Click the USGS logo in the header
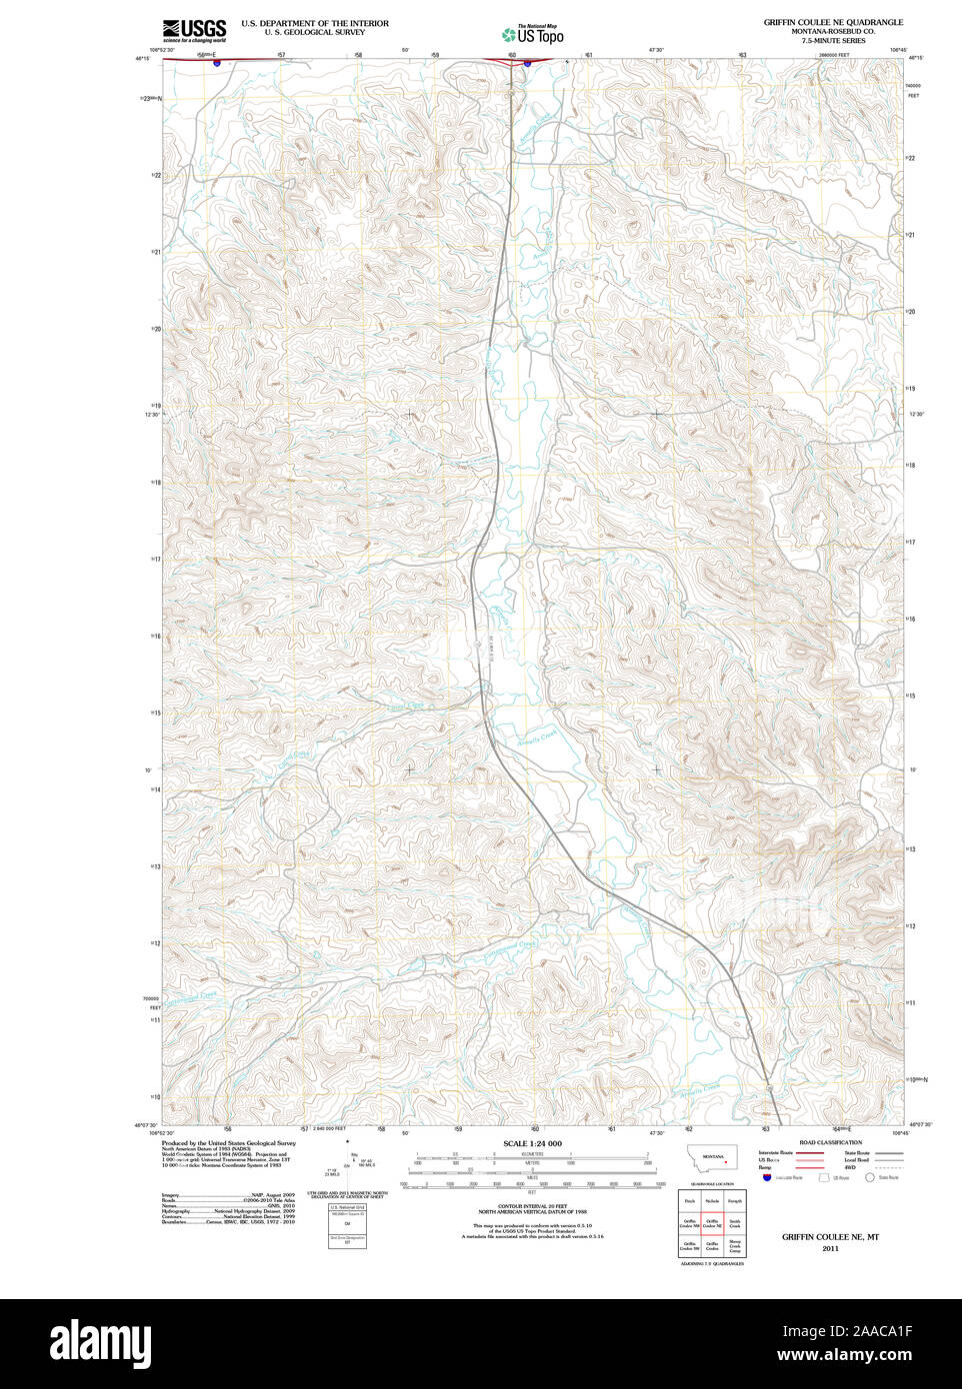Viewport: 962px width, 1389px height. [x=194, y=30]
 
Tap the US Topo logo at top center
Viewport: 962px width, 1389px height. [x=533, y=34]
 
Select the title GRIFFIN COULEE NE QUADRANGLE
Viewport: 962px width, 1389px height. [x=833, y=22]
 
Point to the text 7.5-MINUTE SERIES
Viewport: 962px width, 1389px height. [x=832, y=40]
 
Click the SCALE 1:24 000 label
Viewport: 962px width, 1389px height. [x=532, y=1143]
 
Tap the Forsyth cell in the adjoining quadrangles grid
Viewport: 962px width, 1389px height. [x=735, y=1200]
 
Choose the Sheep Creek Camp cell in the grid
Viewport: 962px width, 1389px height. [x=735, y=1246]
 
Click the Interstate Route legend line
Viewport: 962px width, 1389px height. [x=810, y=1152]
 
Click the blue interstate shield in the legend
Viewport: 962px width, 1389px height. [x=767, y=1178]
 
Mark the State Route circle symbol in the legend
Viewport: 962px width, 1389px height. [x=869, y=1178]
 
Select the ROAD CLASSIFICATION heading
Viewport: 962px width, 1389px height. [x=830, y=1142]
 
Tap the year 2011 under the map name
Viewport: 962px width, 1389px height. [x=830, y=1248]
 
